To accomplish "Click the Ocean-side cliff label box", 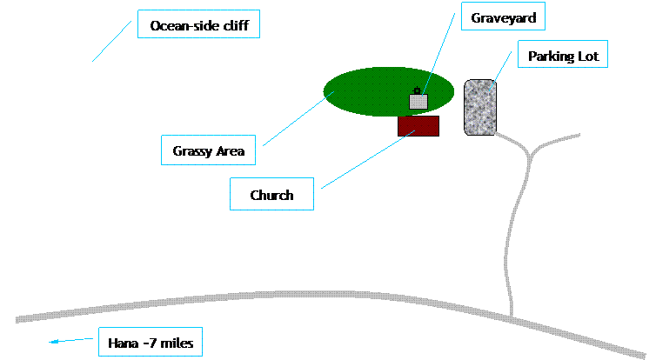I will (x=199, y=26).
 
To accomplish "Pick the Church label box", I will (x=271, y=196).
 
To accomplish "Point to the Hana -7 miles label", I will (x=150, y=343).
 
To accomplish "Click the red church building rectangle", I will (x=418, y=126).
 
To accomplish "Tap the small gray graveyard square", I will (x=418, y=101).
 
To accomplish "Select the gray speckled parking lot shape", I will (x=480, y=107).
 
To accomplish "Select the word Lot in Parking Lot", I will (x=588, y=57).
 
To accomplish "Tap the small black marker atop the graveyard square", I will (x=418, y=90).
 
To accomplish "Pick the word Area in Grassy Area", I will (x=231, y=151).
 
